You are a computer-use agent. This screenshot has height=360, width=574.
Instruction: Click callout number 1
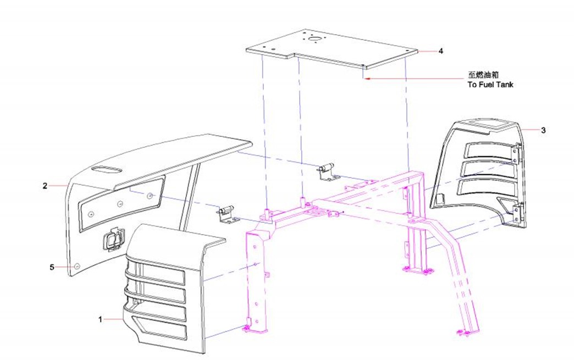coord(100,319)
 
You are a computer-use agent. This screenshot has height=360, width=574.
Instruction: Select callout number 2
coord(45,186)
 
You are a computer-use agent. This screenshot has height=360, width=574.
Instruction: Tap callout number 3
coord(543,130)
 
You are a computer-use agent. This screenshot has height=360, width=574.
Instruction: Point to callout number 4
coord(441,51)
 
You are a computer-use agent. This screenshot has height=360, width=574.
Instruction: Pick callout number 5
coord(52,267)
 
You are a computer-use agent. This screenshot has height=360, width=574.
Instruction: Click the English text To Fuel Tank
coord(490,85)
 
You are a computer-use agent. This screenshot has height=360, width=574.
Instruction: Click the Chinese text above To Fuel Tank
coord(483,75)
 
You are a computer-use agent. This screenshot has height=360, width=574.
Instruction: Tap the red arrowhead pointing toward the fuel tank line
coord(369,78)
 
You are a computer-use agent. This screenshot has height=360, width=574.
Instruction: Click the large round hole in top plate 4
coord(314,38)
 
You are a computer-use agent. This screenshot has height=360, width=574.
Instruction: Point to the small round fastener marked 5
coord(77,267)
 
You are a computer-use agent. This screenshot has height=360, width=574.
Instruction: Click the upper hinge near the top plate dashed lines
coord(328,171)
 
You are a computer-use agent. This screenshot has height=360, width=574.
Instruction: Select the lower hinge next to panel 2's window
coord(228,213)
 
